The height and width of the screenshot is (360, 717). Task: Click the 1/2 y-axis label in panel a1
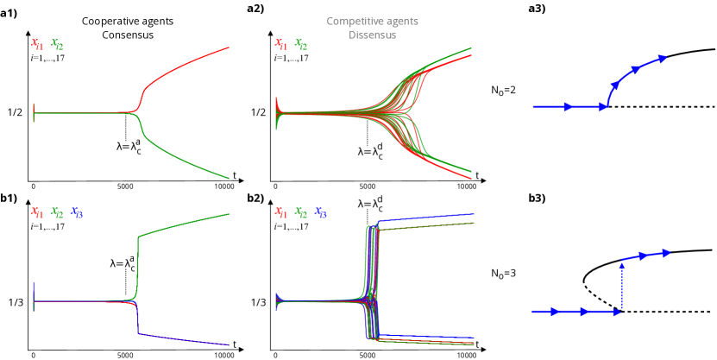[x=15, y=113]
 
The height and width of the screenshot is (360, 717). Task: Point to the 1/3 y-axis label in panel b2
[x=256, y=302]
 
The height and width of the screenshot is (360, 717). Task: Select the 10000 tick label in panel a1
[x=223, y=186]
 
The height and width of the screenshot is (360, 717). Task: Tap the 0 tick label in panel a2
[x=274, y=186]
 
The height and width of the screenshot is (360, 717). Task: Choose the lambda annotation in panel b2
[x=372, y=205]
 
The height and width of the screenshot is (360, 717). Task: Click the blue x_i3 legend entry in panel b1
[x=79, y=212]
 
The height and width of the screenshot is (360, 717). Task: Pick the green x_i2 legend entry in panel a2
[x=299, y=42]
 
